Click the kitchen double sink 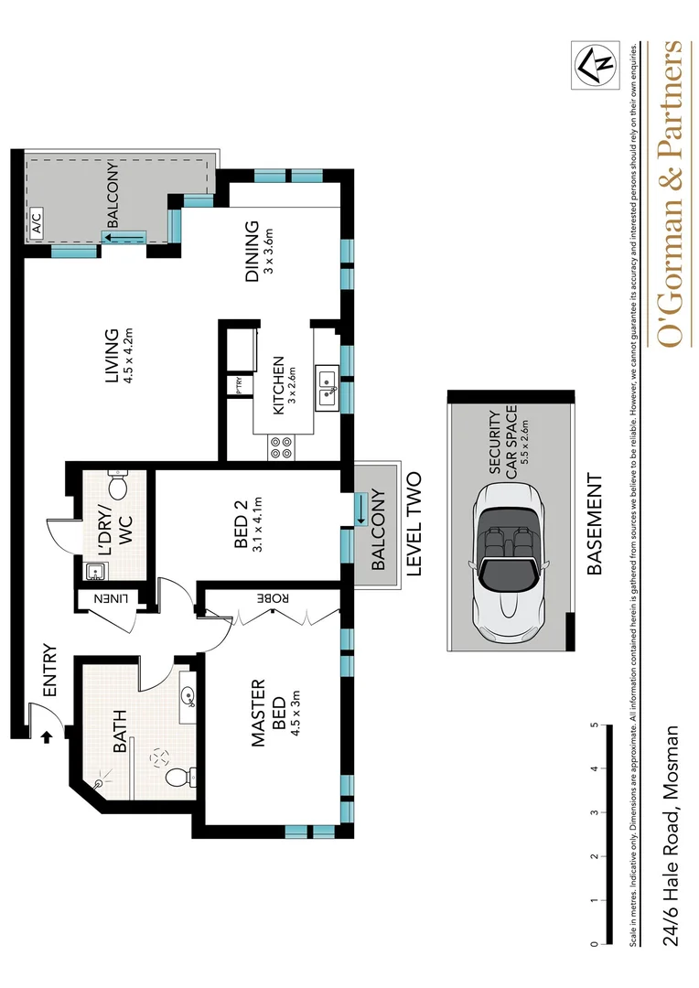tap(327, 387)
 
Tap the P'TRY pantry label tap(239, 385)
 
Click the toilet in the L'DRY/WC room tap(118, 482)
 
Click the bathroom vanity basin tap(189, 698)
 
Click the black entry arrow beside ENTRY tap(46, 733)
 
